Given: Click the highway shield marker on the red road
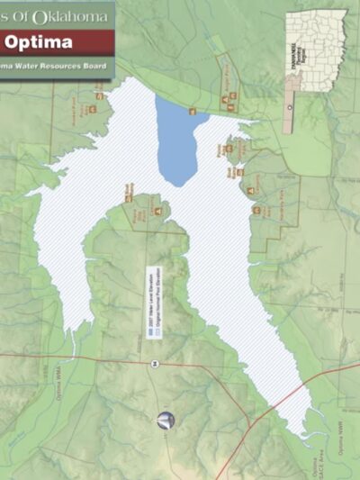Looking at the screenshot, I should (156, 363).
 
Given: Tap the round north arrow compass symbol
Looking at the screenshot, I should (166, 420).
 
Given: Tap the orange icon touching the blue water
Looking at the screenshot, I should (193, 111).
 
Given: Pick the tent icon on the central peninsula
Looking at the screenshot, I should (157, 211).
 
